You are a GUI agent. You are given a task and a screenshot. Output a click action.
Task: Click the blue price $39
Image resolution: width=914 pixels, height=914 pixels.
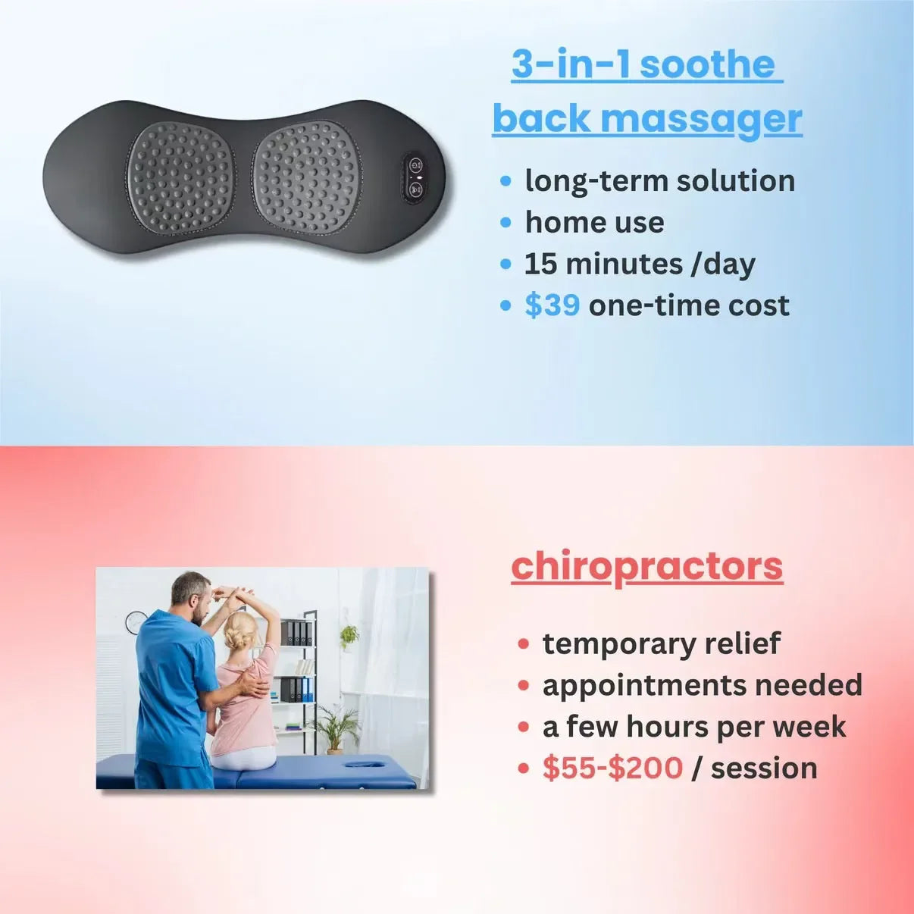pyautogui.click(x=552, y=305)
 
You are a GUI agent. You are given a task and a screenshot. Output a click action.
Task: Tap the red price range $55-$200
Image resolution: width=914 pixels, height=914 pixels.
pyautogui.click(x=612, y=768)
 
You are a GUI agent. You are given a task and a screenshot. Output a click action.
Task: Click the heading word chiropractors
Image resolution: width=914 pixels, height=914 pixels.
pyautogui.click(x=646, y=566)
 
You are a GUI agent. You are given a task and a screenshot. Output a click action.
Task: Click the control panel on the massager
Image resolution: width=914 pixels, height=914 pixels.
pyautogui.click(x=415, y=177)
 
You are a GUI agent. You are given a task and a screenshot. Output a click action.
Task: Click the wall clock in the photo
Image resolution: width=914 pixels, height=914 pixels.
pyautogui.click(x=135, y=622)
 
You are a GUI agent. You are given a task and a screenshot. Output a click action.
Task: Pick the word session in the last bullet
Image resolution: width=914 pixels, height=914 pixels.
pyautogui.click(x=764, y=768)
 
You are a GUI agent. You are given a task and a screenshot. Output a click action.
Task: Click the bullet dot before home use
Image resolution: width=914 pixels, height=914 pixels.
pyautogui.click(x=506, y=223)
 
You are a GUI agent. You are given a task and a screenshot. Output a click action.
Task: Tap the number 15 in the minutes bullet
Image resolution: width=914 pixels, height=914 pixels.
pyautogui.click(x=540, y=264)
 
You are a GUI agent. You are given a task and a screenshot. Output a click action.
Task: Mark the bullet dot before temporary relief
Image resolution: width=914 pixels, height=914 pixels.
pyautogui.click(x=523, y=644)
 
